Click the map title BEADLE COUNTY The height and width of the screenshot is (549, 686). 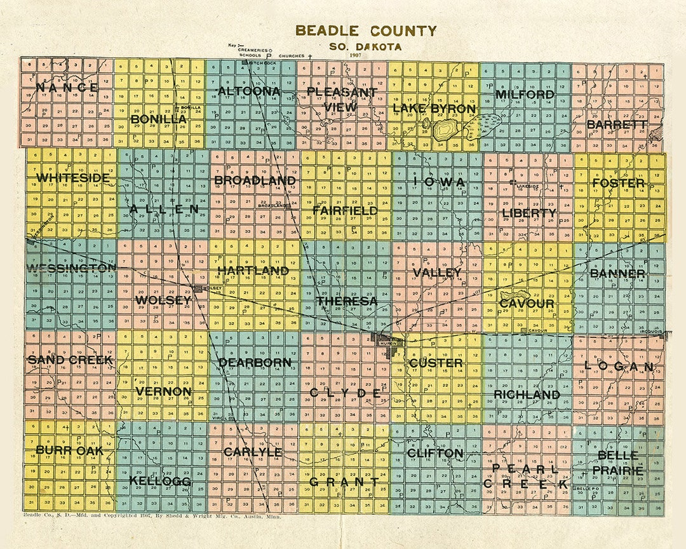366,30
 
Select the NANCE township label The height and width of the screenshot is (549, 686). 67,87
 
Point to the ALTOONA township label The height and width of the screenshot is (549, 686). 248,91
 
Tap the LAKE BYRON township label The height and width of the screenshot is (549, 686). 434,109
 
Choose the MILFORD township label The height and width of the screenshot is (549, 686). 525,95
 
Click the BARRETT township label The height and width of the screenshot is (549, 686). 617,125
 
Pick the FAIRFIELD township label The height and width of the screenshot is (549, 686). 345,210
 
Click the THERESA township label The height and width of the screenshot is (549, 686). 347,301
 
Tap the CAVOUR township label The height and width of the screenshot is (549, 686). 527,304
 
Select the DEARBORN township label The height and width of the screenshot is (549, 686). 255,363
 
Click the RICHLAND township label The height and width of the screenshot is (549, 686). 527,395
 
